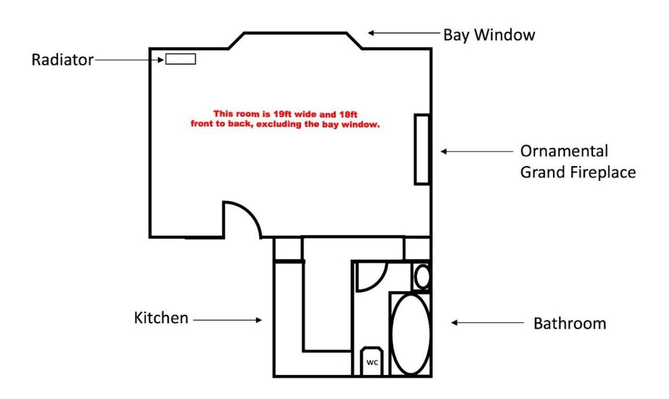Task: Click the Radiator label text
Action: (62, 60)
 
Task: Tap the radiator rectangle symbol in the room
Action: (181, 59)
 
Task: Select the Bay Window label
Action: (489, 35)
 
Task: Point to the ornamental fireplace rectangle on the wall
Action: (421, 149)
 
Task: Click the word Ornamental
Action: (564, 152)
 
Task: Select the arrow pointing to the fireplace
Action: (477, 151)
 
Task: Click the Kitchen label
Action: (161, 319)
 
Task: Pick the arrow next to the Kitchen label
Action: (227, 320)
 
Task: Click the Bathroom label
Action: (569, 323)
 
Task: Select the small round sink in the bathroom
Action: (423, 276)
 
